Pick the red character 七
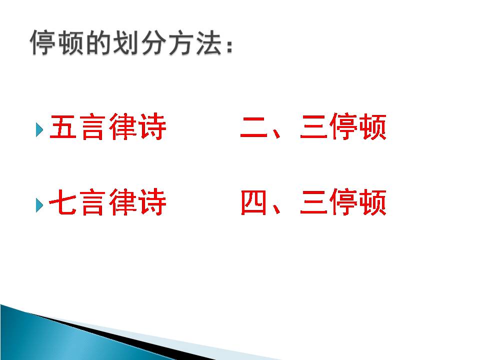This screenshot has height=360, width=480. pos(63,203)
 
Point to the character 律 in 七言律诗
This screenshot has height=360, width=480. pos(122,203)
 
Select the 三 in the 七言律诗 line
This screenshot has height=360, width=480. pos(313,203)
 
